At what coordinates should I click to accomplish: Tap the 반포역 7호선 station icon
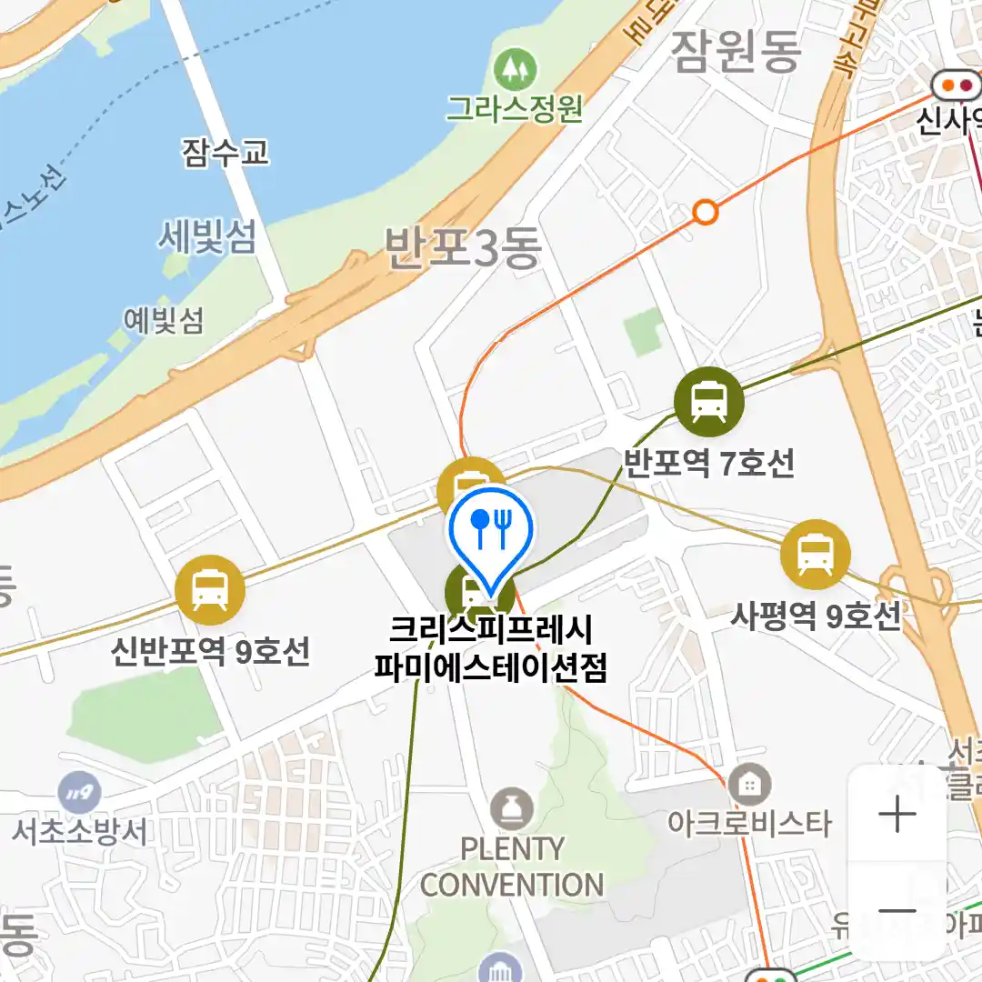click(708, 402)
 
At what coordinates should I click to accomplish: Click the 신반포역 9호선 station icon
click(210, 589)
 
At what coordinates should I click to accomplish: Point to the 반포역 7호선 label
click(708, 464)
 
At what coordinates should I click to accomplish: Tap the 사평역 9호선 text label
click(816, 616)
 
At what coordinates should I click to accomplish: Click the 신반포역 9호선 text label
click(210, 651)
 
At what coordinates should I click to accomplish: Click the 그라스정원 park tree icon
click(515, 70)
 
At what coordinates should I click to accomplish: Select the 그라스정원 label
click(515, 109)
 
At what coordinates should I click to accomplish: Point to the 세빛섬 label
click(207, 238)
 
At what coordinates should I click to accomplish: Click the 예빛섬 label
click(164, 319)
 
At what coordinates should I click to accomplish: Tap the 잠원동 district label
click(736, 52)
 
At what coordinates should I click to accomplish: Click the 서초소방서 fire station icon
click(79, 793)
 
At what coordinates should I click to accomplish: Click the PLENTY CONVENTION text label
click(512, 867)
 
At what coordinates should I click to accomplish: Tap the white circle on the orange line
click(705, 213)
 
